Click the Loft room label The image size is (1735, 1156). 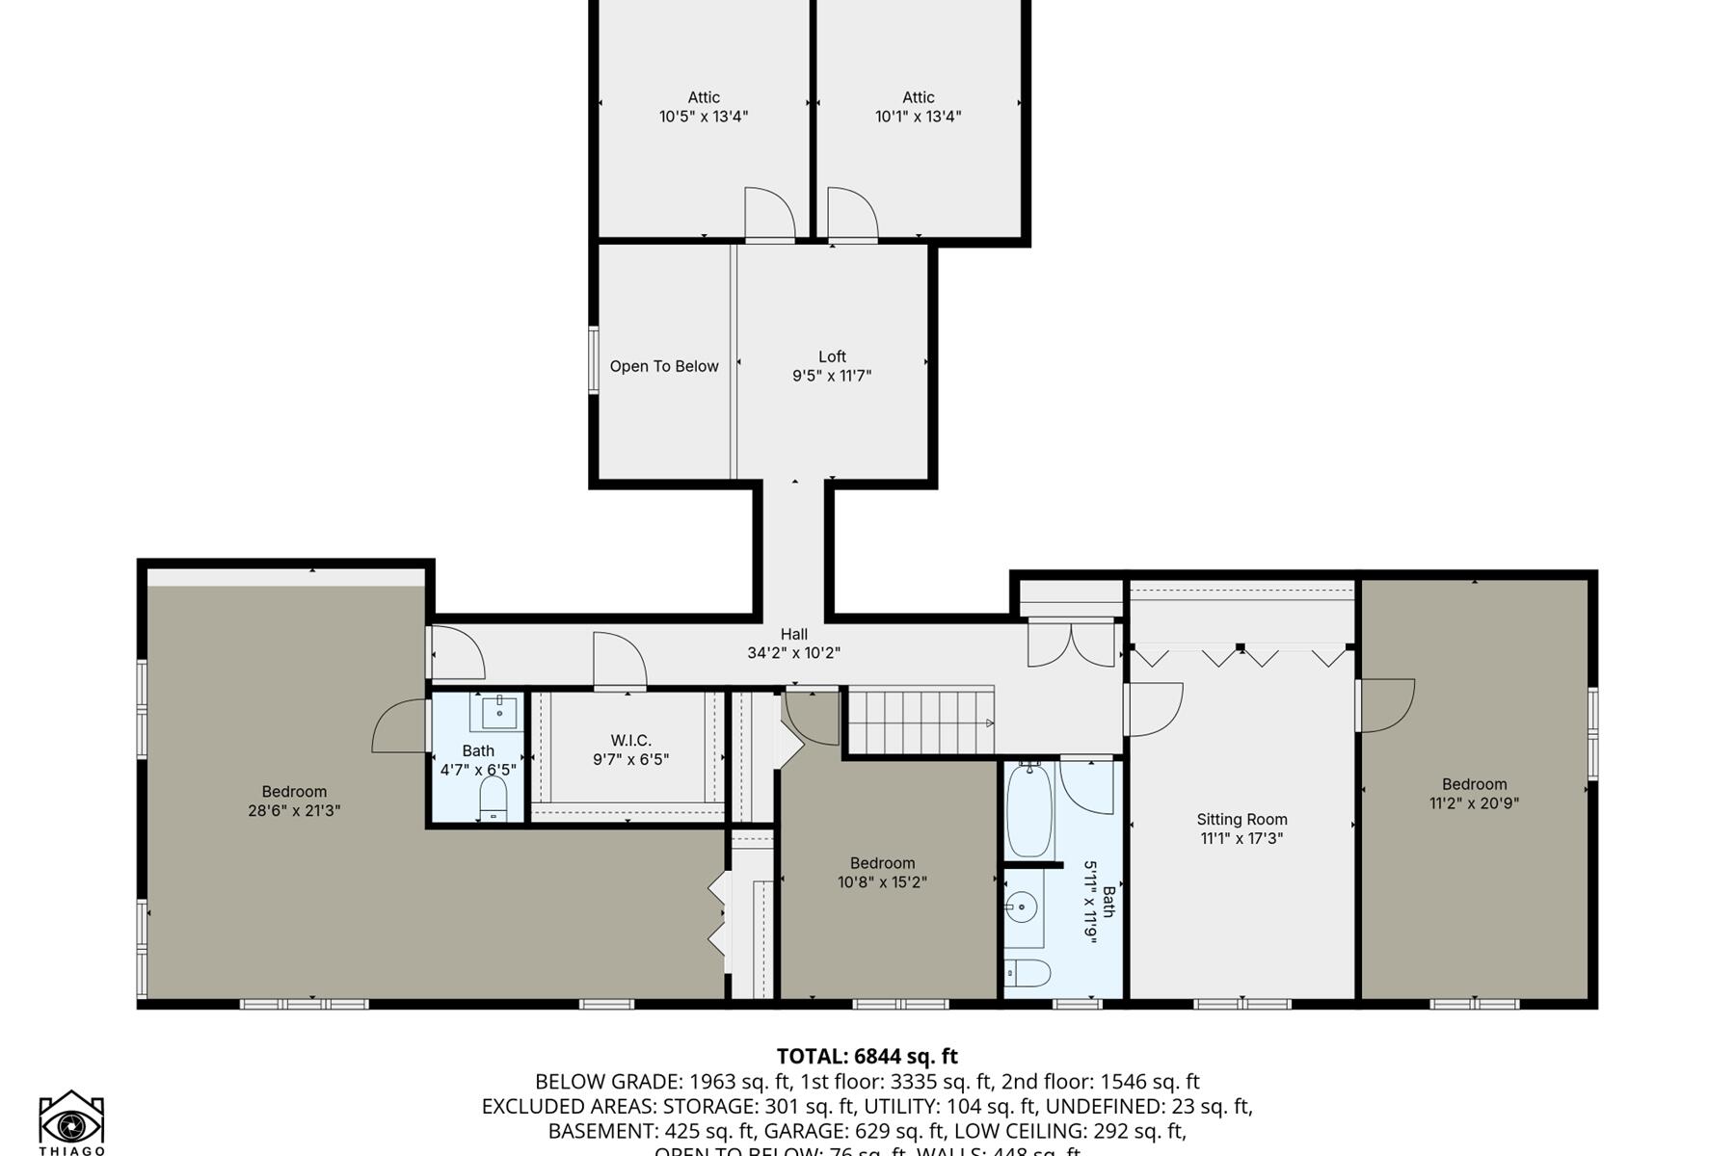pos(832,356)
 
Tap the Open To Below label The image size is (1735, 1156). pos(664,366)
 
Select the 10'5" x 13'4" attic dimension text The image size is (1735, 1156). pos(704,117)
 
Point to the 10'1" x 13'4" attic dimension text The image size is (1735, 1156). pos(918,117)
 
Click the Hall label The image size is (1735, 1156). pos(793,634)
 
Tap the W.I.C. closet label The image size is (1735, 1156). pos(630,740)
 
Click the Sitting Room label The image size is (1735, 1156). pos(1241,819)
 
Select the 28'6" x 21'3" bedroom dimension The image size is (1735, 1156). pos(294,810)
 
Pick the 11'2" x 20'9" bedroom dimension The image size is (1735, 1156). pos(1474,802)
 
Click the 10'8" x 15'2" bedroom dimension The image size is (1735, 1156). pos(882,881)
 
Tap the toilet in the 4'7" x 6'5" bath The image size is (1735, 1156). pos(493,799)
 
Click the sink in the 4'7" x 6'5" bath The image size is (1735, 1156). pos(498,713)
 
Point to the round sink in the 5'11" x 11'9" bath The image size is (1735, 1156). pos(1022,906)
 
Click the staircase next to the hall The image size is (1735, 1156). pos(919,722)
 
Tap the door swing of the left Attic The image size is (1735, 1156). pos(768,214)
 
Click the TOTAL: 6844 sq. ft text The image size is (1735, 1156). pos(867,1056)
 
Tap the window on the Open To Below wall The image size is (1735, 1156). pos(594,360)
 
